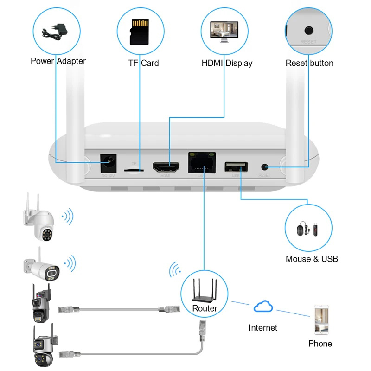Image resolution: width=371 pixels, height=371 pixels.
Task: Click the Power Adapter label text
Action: point(58,61)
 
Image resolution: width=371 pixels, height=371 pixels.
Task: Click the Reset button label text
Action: point(309,63)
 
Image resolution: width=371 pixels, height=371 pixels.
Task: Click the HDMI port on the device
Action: point(167,166)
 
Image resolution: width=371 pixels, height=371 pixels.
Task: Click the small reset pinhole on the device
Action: point(265,166)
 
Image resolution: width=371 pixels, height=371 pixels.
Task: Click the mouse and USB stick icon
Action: point(308,228)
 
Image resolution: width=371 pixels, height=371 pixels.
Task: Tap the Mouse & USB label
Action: point(312,259)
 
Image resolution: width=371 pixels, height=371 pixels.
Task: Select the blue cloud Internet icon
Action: point(263,307)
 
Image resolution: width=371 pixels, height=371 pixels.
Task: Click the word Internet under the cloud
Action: point(263,328)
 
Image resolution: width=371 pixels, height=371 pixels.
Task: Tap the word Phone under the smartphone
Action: point(320,344)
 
